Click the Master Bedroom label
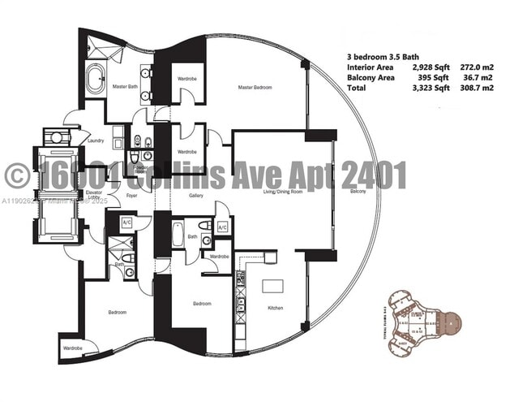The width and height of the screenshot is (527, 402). pyautogui.click(x=254, y=87)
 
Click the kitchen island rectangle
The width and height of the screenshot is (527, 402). pyautogui.click(x=272, y=287)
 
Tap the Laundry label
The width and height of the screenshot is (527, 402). pyautogui.click(x=96, y=140)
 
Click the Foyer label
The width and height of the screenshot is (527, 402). pyautogui.click(x=130, y=195)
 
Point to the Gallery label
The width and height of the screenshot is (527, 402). pyautogui.click(x=195, y=195)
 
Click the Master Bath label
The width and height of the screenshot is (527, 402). pyautogui.click(x=123, y=87)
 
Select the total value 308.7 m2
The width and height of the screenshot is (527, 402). pyautogui.click(x=480, y=88)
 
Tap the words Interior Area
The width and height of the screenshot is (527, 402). pyautogui.click(x=371, y=67)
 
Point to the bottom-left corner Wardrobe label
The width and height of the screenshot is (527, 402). pyautogui.click(x=72, y=348)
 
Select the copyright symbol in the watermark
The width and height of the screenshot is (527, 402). pyautogui.click(x=18, y=175)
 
